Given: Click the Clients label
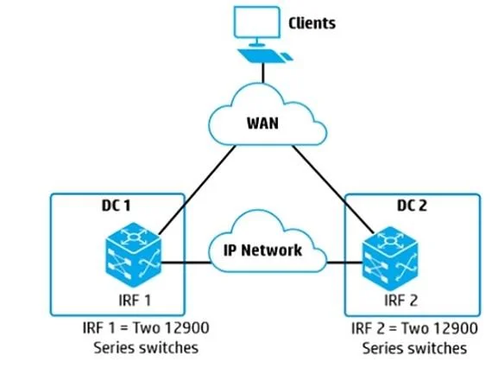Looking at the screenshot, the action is coord(312,23).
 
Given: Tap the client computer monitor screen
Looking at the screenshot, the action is coord(257,22).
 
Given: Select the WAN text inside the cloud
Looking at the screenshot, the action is coord(262,123).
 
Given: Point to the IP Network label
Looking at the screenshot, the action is coord(262,250).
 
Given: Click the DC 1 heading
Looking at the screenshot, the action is coord(116,206).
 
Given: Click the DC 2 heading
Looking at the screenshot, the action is coord(412,206).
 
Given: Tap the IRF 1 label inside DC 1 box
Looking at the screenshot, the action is coord(135,301).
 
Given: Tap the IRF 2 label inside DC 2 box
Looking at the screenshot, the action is coord(400,301).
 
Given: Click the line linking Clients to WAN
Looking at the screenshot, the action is coord(263,73).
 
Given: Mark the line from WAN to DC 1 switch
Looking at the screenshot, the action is coord(198,190).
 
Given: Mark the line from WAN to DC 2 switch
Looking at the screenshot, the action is coord(333,189).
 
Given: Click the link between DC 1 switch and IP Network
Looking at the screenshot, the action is coord(186,263).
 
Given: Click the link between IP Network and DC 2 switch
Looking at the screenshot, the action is coord(344,263).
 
